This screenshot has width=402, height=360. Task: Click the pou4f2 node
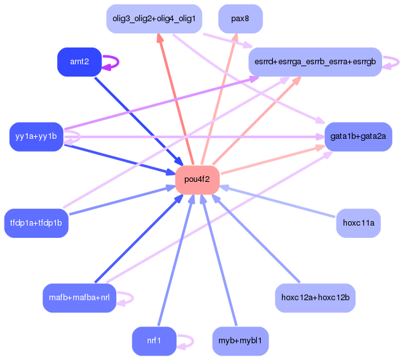[x=198, y=179]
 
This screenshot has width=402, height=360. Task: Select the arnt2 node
[x=79, y=62]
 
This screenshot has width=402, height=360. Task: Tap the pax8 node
[x=240, y=19]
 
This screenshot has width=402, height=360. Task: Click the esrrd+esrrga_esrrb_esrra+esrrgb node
[x=315, y=62]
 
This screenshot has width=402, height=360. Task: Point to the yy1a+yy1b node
[x=36, y=136]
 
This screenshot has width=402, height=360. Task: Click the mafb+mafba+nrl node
[x=79, y=298]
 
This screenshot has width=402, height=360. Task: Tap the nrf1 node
[x=154, y=341]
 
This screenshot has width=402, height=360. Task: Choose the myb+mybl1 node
[x=240, y=341]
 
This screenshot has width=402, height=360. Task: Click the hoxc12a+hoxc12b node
[x=315, y=298]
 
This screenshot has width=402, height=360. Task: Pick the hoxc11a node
[x=358, y=223]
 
